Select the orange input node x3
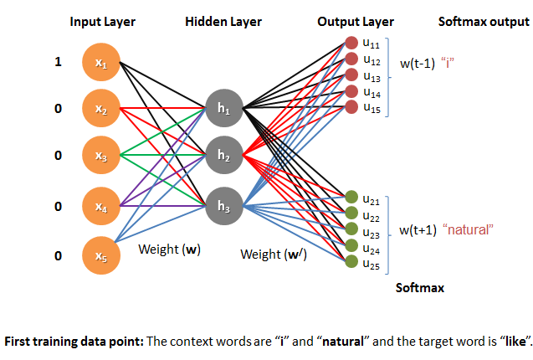[101, 156]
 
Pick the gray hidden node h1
[223, 109]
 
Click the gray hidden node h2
[223, 156]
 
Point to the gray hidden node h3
[223, 203]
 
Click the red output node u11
[351, 44]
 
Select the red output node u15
[351, 106]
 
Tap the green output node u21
[351, 198]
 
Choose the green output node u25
[351, 260]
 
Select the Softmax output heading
[484, 21]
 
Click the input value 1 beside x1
[58, 61]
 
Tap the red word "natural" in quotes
[469, 229]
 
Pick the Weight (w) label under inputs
[170, 249]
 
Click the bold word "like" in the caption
[513, 341]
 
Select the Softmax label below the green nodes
[419, 288]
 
